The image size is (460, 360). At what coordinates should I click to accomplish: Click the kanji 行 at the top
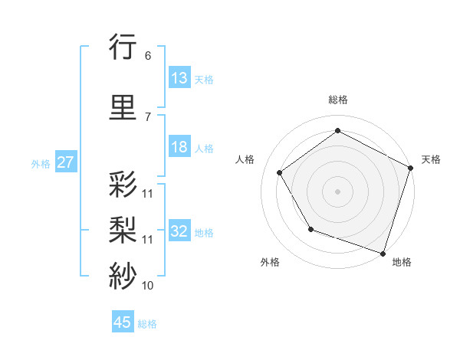(123, 48)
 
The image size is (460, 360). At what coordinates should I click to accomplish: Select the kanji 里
(123, 108)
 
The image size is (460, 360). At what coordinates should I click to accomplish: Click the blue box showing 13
(179, 78)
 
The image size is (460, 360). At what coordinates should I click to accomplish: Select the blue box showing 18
(179, 148)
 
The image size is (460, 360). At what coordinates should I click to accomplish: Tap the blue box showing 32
(179, 231)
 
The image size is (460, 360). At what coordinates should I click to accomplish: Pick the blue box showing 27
(65, 162)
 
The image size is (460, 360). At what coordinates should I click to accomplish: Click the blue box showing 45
(123, 322)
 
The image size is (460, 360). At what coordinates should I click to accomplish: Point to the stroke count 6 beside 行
(147, 56)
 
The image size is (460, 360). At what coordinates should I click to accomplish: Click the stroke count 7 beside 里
(147, 116)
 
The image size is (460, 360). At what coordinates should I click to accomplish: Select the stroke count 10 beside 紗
(147, 286)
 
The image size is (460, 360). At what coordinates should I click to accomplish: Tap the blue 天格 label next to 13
(204, 79)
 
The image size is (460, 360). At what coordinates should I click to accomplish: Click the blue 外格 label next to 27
(41, 163)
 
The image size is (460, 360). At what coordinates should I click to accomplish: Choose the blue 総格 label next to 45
(147, 323)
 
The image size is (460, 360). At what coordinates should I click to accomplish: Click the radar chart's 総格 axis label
(338, 100)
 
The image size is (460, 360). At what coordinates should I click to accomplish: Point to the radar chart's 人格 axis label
(245, 159)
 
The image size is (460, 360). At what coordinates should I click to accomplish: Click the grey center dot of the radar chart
(338, 191)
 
